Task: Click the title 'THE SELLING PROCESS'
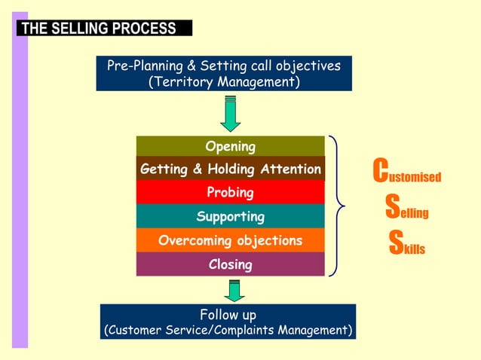pyautogui.click(x=99, y=29)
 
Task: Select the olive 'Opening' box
pyautogui.click(x=230, y=146)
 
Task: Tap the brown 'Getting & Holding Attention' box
pyautogui.click(x=230, y=169)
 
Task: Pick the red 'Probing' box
pyautogui.click(x=230, y=193)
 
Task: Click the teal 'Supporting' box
pyautogui.click(x=230, y=217)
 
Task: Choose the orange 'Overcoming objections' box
pyautogui.click(x=230, y=241)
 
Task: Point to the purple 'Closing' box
pyautogui.click(x=230, y=264)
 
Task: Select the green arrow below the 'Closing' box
pyautogui.click(x=234, y=290)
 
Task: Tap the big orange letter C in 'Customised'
pyautogui.click(x=381, y=171)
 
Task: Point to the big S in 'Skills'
pyautogui.click(x=396, y=242)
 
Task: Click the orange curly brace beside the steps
pyautogui.click(x=338, y=205)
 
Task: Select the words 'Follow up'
pyautogui.click(x=228, y=314)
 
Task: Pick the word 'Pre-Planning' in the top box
pyautogui.click(x=144, y=66)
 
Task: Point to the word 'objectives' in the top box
pyautogui.click(x=309, y=66)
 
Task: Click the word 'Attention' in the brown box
pyautogui.click(x=291, y=169)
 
